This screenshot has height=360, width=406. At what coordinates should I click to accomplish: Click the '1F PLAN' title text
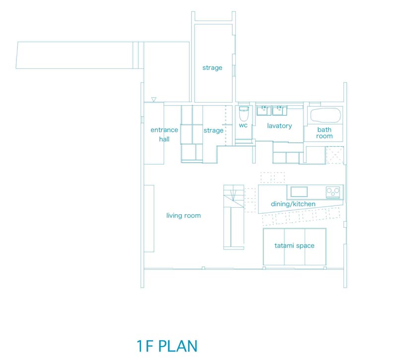[x=167, y=346]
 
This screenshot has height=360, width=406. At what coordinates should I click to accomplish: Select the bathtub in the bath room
[x=325, y=115]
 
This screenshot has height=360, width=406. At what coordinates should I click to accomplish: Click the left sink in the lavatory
[x=264, y=110]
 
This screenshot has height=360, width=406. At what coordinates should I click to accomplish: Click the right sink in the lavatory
[x=279, y=110]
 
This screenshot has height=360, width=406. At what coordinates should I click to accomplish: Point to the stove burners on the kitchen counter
[x=333, y=191]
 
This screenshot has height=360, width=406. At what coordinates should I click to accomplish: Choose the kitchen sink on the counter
[x=299, y=192]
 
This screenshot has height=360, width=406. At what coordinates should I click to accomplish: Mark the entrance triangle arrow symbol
[x=154, y=99]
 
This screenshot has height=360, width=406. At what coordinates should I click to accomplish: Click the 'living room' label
[x=183, y=215]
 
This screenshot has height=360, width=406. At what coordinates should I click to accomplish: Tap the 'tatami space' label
[x=294, y=245]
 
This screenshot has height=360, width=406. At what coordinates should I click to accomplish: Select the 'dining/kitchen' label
[x=293, y=204]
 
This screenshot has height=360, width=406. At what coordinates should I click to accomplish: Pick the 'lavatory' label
[x=279, y=125]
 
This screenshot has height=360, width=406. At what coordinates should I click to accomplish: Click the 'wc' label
[x=243, y=125]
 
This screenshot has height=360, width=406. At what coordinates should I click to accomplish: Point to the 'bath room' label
[x=325, y=133]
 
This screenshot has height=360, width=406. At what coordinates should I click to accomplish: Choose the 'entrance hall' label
[x=164, y=134]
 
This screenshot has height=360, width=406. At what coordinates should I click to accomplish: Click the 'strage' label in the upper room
[x=212, y=68]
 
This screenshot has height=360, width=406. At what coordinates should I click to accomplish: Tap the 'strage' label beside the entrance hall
[x=213, y=130]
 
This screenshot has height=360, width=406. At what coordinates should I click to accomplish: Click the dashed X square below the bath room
[x=335, y=155]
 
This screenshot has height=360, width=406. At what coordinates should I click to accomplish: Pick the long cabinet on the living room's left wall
[x=149, y=219]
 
